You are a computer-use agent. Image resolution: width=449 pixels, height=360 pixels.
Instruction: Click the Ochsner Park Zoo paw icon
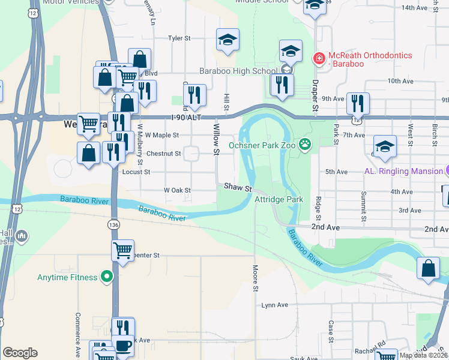coord(306,143)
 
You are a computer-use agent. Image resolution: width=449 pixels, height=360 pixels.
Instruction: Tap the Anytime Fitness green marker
coord(107,277)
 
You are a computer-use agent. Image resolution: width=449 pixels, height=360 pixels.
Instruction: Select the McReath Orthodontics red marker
coord(319,59)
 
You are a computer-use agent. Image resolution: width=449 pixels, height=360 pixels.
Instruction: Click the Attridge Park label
coord(279,199)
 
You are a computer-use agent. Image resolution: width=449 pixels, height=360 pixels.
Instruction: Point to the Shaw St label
coord(238,187)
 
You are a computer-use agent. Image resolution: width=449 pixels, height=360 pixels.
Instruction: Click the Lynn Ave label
coord(275,305)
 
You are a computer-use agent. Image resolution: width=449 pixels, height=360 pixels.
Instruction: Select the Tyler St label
coord(179,38)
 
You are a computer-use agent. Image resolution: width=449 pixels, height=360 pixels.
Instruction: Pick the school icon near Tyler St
coord(228,41)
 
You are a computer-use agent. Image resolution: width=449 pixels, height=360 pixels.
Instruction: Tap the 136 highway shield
coord(114,224)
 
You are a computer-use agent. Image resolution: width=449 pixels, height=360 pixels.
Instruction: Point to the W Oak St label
coord(178,190)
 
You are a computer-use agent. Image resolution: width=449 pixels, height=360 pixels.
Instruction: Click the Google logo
coord(20,353)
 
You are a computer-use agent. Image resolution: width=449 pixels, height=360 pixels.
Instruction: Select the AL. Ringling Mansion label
coord(403,171)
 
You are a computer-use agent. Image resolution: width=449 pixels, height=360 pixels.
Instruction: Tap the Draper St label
coord(314,95)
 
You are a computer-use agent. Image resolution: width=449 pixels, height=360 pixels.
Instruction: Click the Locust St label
coord(136,172)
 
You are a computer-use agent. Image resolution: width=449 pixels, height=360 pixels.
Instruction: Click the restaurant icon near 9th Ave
coord(358,103)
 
